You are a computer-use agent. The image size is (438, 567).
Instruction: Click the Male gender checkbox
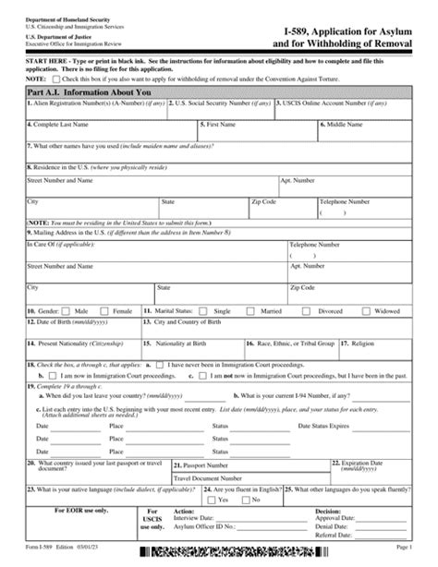68,312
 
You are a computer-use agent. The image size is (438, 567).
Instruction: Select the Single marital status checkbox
206,312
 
